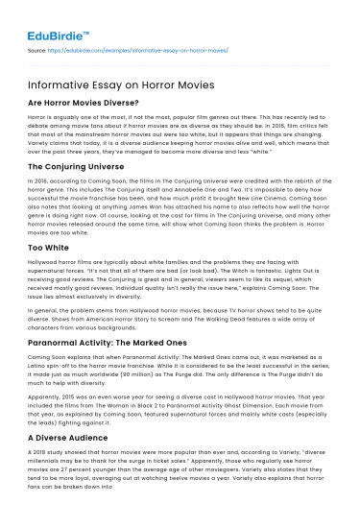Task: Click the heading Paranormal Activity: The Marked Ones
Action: pyautogui.click(x=100, y=337)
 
